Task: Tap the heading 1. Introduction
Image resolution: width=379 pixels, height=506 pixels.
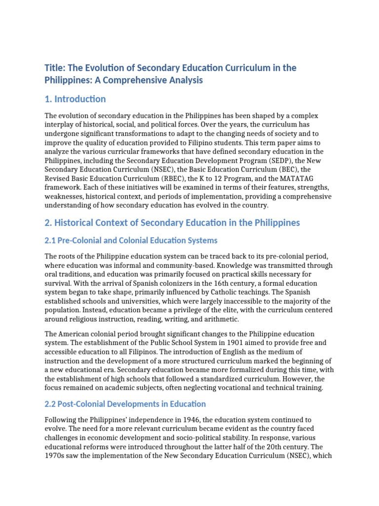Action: [x=75, y=99]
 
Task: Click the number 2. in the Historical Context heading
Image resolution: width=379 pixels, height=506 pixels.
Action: [x=48, y=223]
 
